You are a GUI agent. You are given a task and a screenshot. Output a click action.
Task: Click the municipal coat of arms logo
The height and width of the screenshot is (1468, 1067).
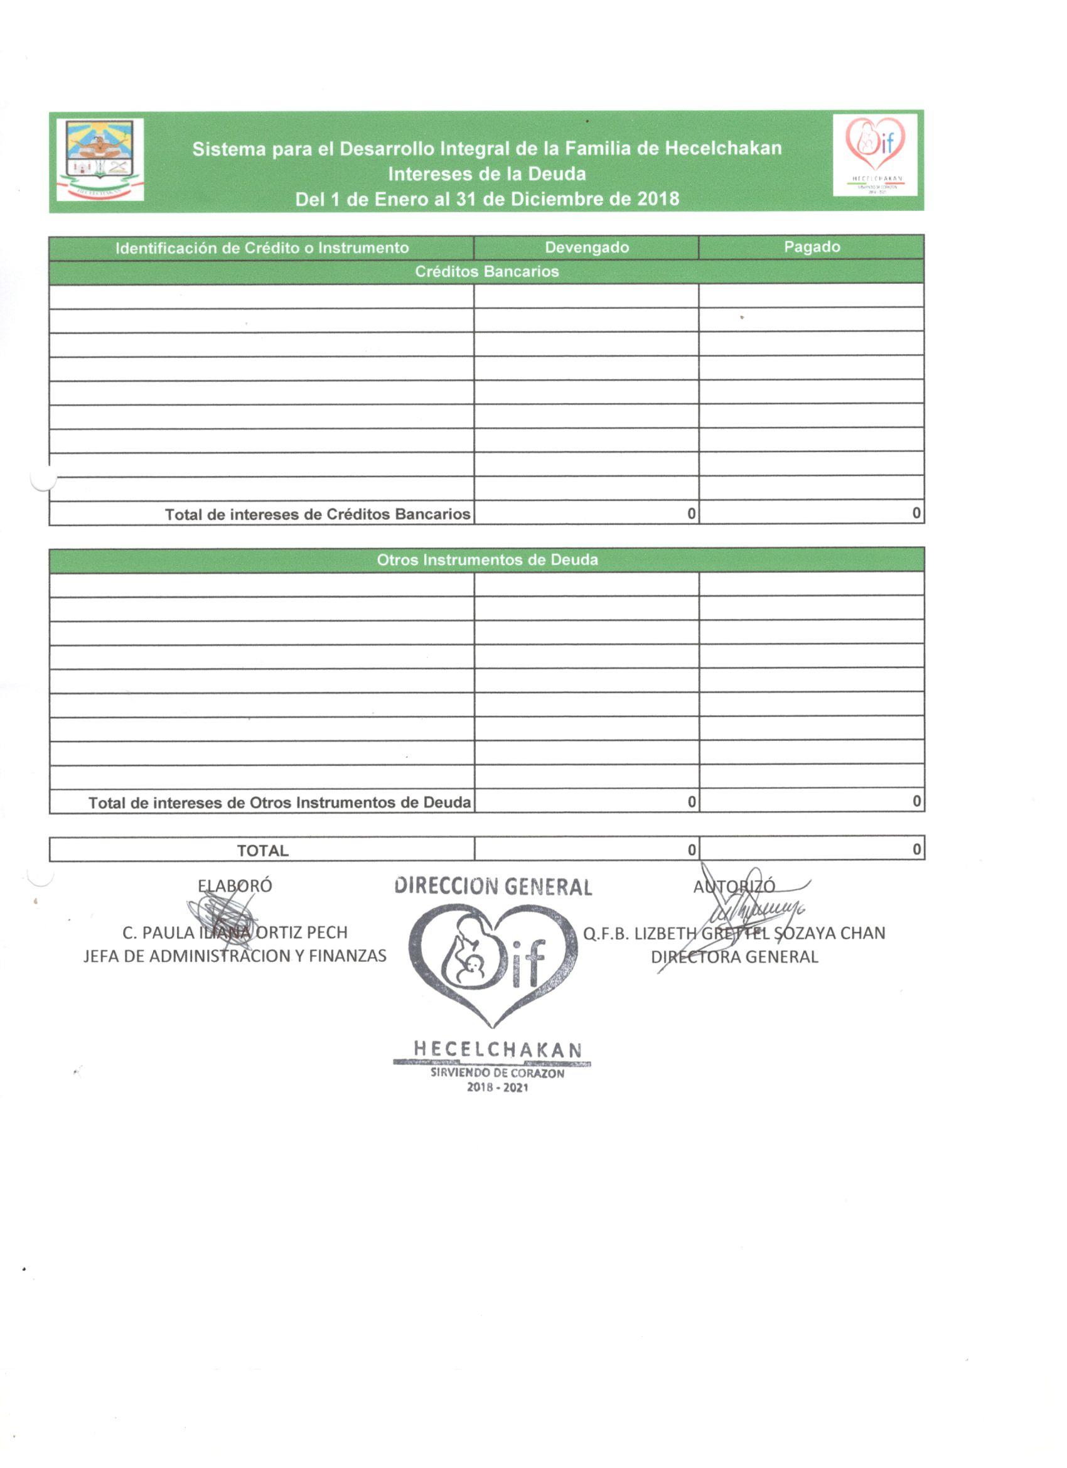coord(100,159)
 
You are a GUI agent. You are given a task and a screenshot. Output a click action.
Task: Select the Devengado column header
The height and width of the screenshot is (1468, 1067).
coord(586,247)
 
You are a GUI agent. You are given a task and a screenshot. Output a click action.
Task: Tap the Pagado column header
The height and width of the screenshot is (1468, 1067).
coord(812,247)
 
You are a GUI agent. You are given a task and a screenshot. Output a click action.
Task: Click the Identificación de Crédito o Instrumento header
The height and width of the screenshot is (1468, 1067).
coord(262,248)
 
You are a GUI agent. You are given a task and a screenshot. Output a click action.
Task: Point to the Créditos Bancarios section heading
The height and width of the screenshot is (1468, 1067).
coord(486,271)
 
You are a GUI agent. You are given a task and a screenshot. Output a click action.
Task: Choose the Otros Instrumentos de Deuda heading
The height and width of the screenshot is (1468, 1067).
coord(487,560)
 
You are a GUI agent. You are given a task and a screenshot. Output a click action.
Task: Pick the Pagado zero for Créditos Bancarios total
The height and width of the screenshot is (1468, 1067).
coord(916,513)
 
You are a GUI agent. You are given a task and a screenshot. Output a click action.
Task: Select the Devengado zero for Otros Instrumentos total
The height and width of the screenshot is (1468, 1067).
coord(691,802)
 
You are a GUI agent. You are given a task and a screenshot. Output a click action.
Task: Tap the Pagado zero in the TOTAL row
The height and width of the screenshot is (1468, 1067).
coord(916,849)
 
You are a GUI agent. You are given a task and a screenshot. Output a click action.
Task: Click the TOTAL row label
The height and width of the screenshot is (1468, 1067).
coord(262,851)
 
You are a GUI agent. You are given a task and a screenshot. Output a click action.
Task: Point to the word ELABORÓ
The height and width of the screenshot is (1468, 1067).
coord(235,886)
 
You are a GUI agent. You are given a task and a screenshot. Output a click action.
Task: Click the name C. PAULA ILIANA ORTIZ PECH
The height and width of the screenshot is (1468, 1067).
coord(235,932)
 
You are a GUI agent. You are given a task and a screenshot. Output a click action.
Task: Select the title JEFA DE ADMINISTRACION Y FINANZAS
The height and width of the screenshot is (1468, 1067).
coord(235,956)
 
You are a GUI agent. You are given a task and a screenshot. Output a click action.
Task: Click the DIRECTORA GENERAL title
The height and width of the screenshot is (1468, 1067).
coord(734,957)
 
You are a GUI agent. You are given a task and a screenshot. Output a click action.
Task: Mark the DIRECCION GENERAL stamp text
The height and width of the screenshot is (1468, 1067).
coord(493,887)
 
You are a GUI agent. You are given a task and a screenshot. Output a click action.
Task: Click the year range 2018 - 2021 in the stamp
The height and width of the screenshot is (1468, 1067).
coord(497,1088)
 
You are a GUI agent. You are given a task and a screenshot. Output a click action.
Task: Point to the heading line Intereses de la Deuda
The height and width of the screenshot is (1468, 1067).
coord(486,174)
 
